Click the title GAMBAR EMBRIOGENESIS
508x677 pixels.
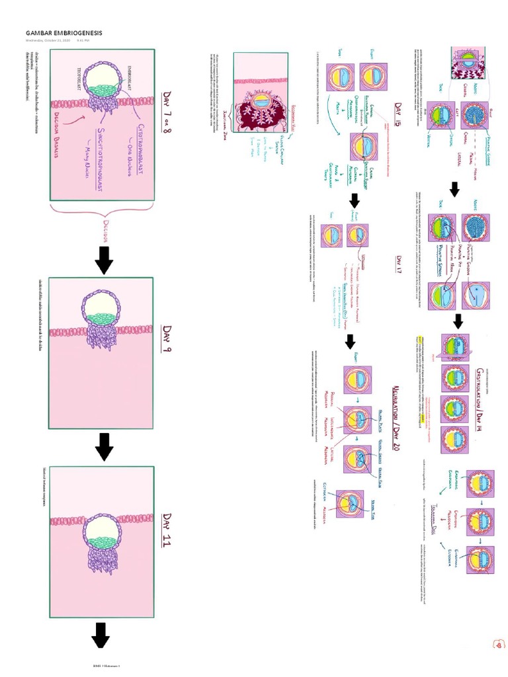63,32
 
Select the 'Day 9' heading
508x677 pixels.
167,338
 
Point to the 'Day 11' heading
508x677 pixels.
167,527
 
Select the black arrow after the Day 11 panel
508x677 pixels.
101,635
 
